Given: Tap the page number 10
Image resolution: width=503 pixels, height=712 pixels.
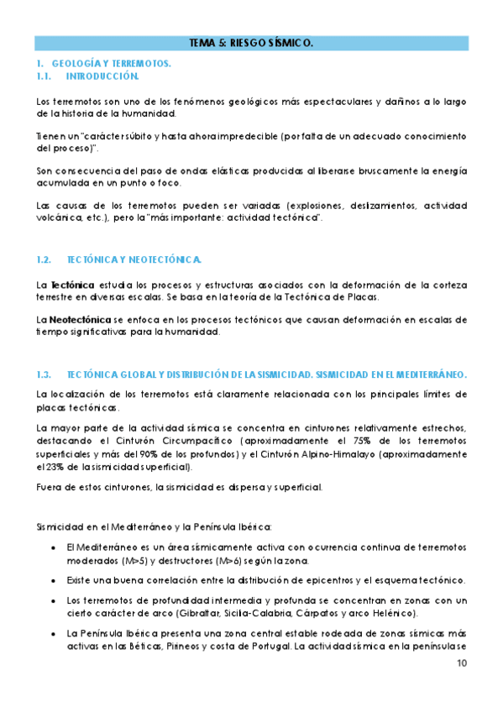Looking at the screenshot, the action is coord(462,663).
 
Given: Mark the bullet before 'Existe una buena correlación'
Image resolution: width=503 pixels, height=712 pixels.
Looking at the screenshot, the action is coord(55,581).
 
